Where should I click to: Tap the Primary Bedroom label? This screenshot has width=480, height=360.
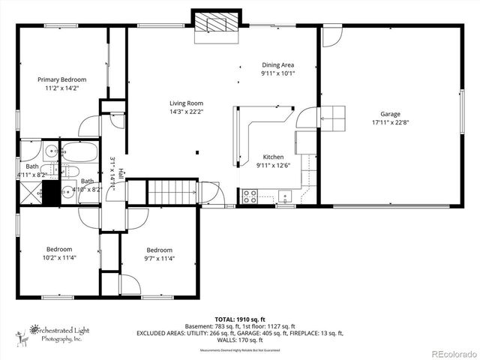[62, 79]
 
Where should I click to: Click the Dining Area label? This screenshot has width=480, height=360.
[277, 65]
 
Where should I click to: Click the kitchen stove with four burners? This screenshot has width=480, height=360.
[250, 196]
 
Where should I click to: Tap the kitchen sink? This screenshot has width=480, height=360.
[285, 197]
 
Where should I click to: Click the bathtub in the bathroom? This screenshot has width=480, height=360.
[79, 154]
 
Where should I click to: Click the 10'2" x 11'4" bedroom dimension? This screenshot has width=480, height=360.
[59, 258]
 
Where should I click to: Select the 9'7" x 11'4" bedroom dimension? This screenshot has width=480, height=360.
[159, 259]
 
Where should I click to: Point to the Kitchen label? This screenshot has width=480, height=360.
[272, 157]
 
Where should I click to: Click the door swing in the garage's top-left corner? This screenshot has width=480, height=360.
[331, 36]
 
